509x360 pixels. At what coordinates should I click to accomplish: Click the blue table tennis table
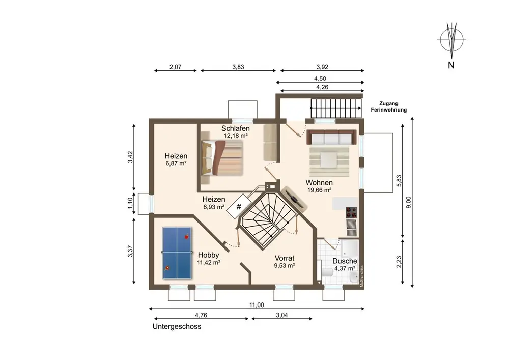coord(177,253)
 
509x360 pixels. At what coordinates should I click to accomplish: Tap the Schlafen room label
coord(235,128)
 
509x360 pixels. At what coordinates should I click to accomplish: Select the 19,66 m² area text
coord(320,190)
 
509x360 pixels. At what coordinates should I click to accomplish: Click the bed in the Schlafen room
coord(222,157)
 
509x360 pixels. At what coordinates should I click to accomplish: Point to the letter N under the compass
coord(451,65)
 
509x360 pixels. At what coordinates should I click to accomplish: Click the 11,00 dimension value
coord(257,305)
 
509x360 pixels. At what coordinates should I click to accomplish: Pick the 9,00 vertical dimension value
coord(408,203)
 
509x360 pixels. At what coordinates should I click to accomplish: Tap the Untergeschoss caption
coord(177,326)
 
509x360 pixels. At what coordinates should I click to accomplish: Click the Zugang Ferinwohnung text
coord(388,107)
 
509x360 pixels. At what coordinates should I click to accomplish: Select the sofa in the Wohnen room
coord(331,137)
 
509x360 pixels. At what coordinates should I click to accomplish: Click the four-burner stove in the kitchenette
coord(351,212)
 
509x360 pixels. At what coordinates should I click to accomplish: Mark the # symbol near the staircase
coord(239,206)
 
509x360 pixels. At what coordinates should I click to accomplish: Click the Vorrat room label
coord(285,258)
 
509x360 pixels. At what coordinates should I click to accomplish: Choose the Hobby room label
coord(208,255)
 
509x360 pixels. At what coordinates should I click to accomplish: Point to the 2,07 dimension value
coord(175,67)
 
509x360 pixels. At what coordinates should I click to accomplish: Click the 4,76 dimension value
coord(201,315)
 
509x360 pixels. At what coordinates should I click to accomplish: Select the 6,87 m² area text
coord(176,163)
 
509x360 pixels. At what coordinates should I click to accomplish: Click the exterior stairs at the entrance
coord(336,108)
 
